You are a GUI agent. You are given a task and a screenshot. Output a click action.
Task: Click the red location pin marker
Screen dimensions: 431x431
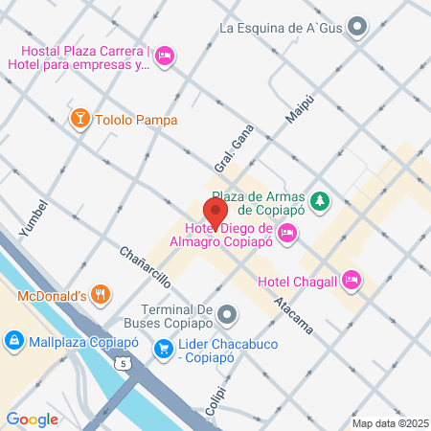[215, 212]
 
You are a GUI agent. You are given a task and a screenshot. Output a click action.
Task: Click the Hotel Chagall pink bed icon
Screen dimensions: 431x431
[352, 280]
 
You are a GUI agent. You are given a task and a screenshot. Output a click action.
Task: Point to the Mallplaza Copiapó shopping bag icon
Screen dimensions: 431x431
[14, 340]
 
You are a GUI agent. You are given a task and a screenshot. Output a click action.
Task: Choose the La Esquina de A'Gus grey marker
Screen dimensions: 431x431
[358, 28]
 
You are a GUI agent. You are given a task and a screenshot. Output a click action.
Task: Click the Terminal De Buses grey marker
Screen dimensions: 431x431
[227, 313]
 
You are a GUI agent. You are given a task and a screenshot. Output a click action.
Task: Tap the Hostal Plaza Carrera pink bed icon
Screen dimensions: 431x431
[165, 57]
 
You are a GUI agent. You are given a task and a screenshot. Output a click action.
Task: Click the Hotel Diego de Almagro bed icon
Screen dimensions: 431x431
[288, 233]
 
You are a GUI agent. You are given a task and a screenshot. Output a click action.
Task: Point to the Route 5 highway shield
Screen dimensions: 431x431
[122, 363]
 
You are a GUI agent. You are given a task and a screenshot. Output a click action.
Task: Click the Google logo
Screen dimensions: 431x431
[33, 419]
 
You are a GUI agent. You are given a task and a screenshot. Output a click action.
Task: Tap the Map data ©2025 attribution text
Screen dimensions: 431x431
[389, 423]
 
